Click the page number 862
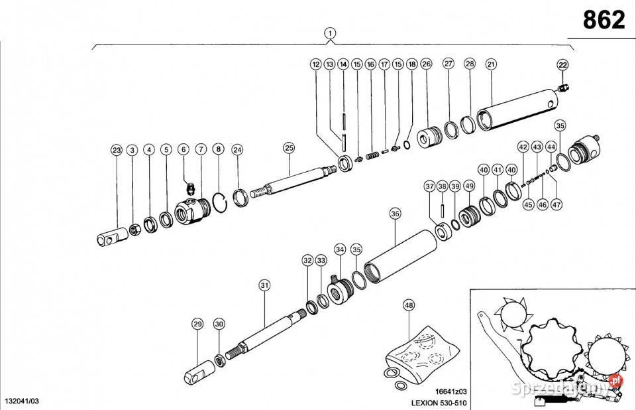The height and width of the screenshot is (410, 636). point(604,21)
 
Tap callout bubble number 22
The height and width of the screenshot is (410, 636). point(562,64)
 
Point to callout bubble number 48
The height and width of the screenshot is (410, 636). point(409,306)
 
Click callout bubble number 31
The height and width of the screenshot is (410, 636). point(264,285)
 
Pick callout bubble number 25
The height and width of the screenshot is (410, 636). point(288,147)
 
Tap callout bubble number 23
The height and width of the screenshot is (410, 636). point(116,151)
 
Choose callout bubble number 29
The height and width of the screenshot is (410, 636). point(197,324)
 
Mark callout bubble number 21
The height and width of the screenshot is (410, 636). point(491,64)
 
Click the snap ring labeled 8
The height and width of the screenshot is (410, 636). point(223,198)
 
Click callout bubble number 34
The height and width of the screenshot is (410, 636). point(340,249)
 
